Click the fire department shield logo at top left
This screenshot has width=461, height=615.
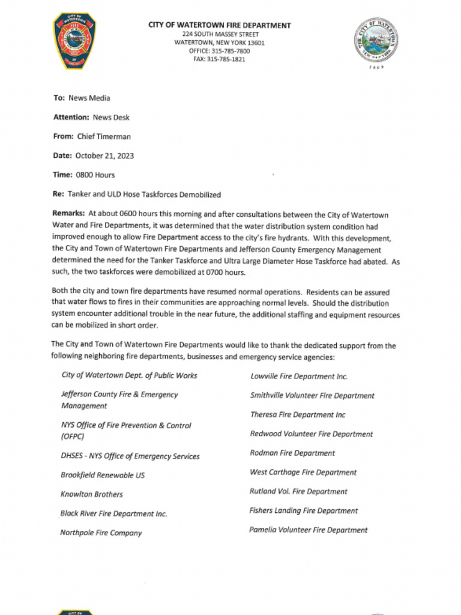(x=74, y=41)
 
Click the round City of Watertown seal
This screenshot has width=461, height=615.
(x=377, y=39)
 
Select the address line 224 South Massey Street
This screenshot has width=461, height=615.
(x=220, y=34)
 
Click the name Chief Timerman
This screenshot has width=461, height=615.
(x=104, y=136)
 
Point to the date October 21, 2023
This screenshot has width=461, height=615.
(x=104, y=156)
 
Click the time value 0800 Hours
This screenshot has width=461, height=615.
(x=95, y=175)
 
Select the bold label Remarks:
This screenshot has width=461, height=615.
(x=68, y=213)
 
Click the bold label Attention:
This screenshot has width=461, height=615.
(x=71, y=117)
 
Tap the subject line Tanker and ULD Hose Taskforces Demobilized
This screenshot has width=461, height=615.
(x=144, y=195)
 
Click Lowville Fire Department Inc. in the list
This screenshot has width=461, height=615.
(x=299, y=377)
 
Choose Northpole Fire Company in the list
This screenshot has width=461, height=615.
(x=101, y=533)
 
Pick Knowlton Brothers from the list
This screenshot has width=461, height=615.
(x=91, y=494)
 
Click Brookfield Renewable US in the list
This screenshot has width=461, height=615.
(x=103, y=475)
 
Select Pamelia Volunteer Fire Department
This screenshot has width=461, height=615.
(x=309, y=530)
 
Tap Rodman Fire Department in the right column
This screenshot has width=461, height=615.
(x=292, y=453)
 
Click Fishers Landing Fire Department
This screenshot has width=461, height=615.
(x=304, y=510)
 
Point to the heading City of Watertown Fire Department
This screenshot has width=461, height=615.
(x=220, y=25)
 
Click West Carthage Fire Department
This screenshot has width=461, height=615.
(x=303, y=472)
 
